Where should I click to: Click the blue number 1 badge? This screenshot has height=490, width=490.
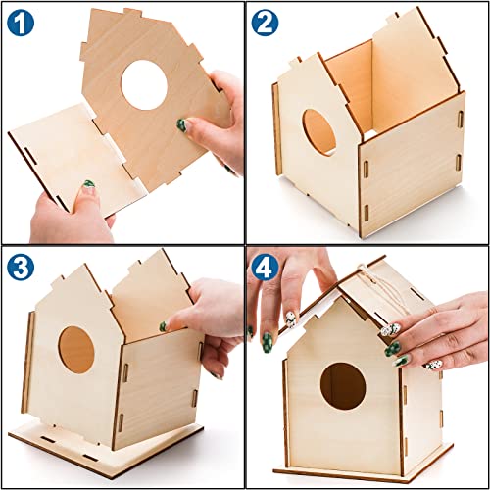pyautogui.click(x=23, y=23)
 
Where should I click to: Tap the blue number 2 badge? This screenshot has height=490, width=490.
pyautogui.click(x=266, y=23)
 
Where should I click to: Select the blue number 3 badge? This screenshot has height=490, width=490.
pyautogui.click(x=23, y=268)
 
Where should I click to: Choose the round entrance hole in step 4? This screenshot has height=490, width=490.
pyautogui.click(x=343, y=386)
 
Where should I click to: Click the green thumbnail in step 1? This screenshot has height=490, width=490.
pyautogui.click(x=183, y=124)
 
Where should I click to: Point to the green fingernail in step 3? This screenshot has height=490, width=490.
pyautogui.click(x=163, y=326)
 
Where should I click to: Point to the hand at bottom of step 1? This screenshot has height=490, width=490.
pyautogui.click(x=69, y=216)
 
